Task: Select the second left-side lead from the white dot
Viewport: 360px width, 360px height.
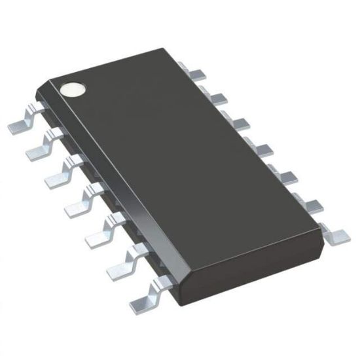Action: point(39,148)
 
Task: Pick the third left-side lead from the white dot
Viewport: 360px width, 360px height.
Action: point(58,173)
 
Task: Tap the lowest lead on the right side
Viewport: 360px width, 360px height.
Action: point(338,232)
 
